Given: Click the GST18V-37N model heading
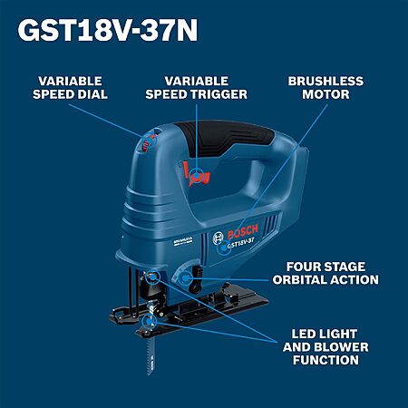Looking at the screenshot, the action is point(108,30).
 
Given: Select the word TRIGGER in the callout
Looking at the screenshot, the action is point(222,94).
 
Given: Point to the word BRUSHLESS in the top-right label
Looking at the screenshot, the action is point(325,81).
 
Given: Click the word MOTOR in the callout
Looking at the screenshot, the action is point(325,94).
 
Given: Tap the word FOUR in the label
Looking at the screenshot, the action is point(301,267).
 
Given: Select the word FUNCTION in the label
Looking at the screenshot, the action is point(325,360).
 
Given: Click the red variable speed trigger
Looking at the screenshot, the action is point(196,175).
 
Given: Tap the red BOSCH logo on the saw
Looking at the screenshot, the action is point(242,231).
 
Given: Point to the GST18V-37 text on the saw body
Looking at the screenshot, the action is point(240,242).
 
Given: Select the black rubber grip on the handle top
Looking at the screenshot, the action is point(225,138).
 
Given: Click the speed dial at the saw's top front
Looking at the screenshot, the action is point(149,142).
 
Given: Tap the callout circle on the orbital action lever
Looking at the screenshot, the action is point(184,277).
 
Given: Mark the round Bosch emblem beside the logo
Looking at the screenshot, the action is point(218,238).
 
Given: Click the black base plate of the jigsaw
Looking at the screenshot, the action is point(189,311).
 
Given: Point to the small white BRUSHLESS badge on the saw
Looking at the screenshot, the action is point(183,240).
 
